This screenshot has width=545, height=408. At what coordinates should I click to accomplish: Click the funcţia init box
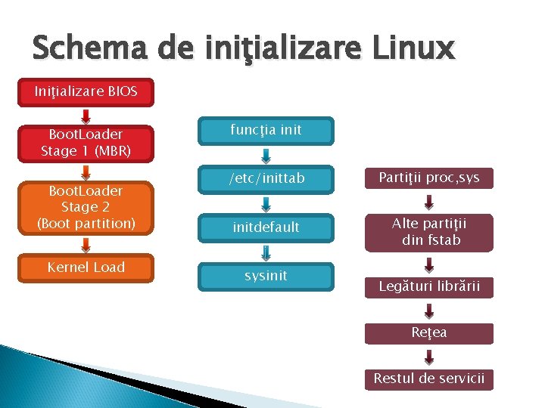tap(266, 130)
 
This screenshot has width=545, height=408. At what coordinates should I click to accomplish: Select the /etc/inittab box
tap(266, 179)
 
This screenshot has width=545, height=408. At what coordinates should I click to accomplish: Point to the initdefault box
tap(266, 227)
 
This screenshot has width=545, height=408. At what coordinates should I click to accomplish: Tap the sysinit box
tap(266, 276)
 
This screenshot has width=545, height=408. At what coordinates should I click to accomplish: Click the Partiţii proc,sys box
tap(428, 178)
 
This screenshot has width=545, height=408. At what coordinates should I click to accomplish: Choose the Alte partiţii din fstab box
tap(428, 232)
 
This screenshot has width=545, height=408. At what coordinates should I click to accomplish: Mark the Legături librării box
tap(428, 286)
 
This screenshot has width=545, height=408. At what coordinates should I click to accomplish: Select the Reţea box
tap(428, 332)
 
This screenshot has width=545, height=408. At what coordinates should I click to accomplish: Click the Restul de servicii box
tap(428, 379)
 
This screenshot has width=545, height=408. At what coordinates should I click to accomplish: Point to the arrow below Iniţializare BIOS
tap(86, 116)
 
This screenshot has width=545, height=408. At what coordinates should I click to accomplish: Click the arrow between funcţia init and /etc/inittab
tap(266, 156)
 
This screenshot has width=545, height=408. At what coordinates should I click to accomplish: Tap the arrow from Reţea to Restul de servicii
tap(428, 357)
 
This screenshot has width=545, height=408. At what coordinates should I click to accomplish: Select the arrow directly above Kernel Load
tap(86, 244)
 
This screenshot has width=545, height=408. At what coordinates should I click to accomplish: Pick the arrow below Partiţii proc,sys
tap(428, 202)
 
